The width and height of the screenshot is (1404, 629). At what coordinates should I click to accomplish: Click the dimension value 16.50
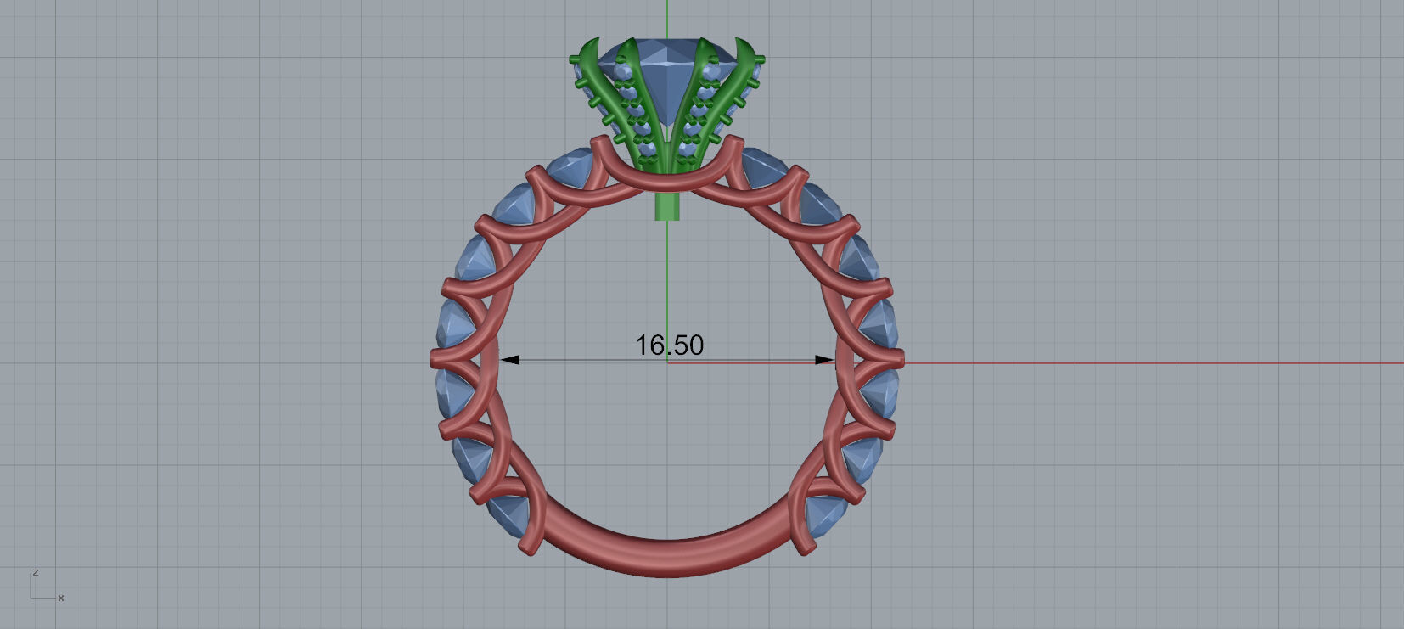point(669,345)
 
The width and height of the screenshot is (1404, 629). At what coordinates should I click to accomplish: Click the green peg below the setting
point(668,206)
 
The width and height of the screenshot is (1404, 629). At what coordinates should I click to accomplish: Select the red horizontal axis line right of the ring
point(1146,363)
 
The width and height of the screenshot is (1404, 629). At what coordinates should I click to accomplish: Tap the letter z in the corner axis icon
point(35,573)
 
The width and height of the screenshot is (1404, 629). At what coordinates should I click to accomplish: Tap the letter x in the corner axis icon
point(61,598)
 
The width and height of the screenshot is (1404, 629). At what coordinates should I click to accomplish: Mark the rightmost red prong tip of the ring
point(901,360)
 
